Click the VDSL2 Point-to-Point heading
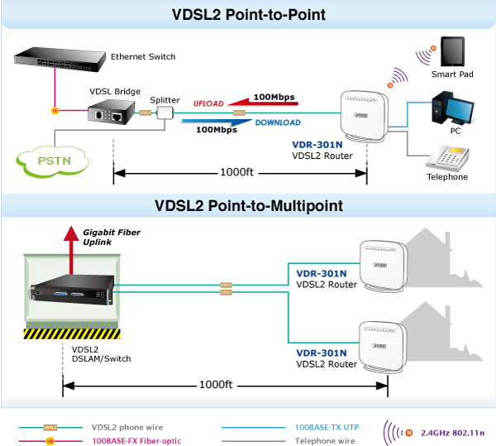(x=248, y=14)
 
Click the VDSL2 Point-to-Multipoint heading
(x=248, y=205)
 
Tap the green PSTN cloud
(x=54, y=160)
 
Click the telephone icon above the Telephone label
(x=447, y=156)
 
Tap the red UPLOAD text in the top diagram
(x=207, y=103)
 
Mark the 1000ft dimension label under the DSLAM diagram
(x=216, y=385)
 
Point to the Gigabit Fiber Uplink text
(x=112, y=237)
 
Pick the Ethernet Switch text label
(x=143, y=57)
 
